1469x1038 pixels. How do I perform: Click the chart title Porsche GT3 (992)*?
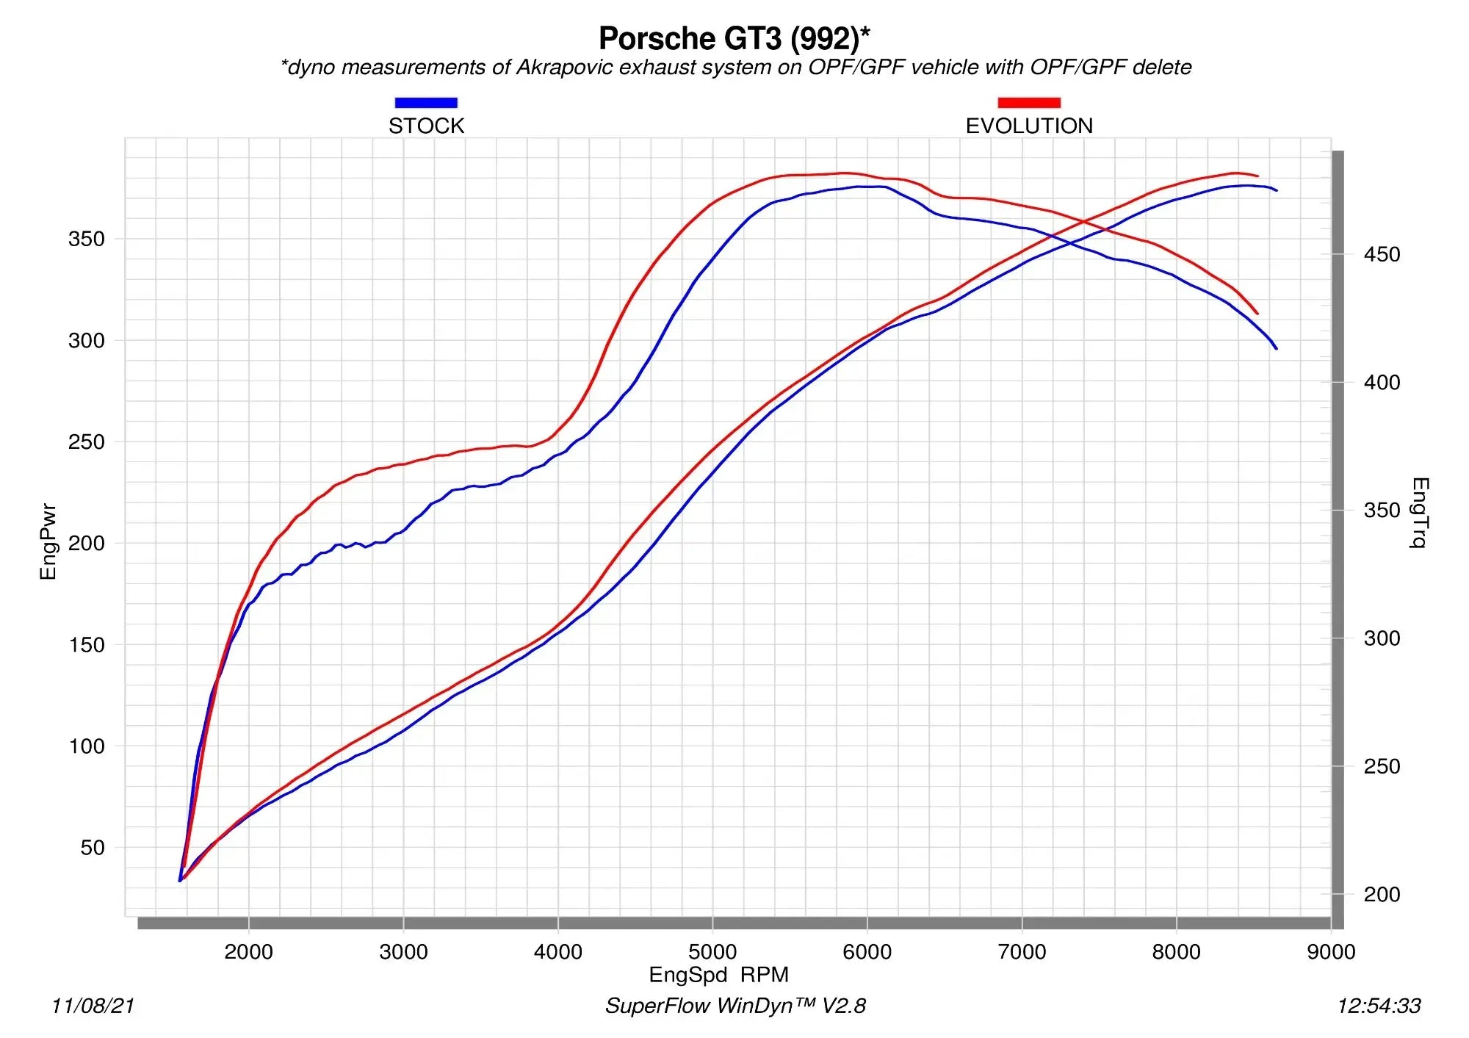[734, 39]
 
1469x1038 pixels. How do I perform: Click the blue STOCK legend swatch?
[426, 103]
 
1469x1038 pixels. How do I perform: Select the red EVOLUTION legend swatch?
[1028, 103]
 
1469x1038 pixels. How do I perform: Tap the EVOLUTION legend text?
[1028, 126]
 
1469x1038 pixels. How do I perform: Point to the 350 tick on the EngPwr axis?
[87, 239]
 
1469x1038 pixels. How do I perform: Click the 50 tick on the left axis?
[93, 848]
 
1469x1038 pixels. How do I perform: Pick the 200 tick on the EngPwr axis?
[87, 544]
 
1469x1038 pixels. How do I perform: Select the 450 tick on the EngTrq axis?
[1381, 255]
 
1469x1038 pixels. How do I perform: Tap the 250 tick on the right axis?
[1381, 767]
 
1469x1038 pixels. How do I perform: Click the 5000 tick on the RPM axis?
[712, 952]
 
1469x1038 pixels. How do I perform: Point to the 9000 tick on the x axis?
[1330, 952]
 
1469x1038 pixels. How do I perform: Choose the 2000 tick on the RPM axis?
[248, 952]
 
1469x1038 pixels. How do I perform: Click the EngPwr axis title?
[48, 541]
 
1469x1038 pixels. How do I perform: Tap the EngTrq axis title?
[1420, 512]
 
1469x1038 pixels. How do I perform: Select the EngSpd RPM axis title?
[718, 975]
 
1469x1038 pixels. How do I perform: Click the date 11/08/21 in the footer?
[93, 1006]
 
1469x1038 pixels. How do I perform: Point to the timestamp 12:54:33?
[1379, 1006]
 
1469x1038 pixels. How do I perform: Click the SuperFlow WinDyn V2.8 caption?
[735, 1006]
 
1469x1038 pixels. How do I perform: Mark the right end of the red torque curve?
[1257, 314]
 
